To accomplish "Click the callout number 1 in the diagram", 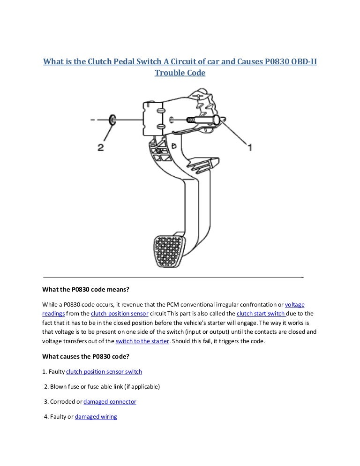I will pyautogui.click(x=250, y=147).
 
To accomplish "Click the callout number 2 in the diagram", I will pyautogui.click(x=100, y=147).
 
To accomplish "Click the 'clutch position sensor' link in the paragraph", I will pyautogui.click(x=120, y=313).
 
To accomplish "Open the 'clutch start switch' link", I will pyautogui.click(x=261, y=313).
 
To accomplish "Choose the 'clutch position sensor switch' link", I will pyautogui.click(x=104, y=371).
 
